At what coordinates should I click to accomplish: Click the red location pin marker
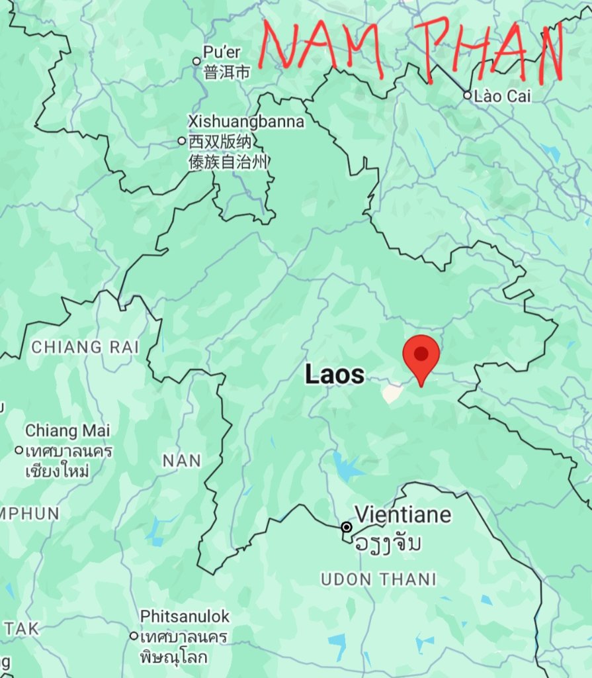coord(421,354)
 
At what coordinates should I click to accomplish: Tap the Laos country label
coord(334,375)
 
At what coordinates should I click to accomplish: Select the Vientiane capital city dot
coord(346,527)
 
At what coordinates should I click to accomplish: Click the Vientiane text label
coord(403,514)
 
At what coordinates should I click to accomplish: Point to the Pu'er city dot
coord(196,61)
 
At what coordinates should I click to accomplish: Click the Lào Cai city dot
coord(467,95)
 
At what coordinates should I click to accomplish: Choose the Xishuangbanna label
coord(245,122)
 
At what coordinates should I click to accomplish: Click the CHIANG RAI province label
coord(76,346)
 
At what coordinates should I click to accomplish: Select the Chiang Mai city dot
coord(19,450)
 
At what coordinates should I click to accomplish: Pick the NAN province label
coord(181,460)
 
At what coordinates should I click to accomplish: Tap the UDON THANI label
coord(378,579)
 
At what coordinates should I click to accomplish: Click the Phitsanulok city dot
coord(134,636)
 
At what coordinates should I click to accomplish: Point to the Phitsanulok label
coord(185,616)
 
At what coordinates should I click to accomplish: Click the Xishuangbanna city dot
coord(182,140)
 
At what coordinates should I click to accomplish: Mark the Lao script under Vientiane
coord(388,544)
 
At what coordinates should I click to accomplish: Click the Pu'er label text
coord(222,52)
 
